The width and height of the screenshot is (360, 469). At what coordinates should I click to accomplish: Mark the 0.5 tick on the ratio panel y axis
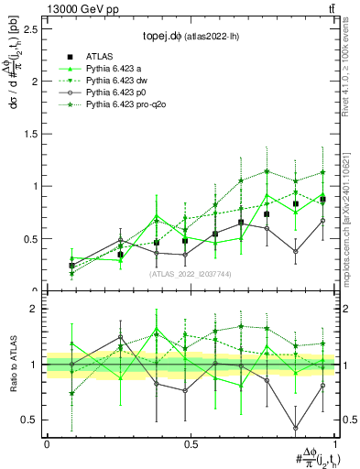(32, 420)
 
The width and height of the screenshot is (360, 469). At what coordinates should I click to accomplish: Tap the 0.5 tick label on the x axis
(190, 443)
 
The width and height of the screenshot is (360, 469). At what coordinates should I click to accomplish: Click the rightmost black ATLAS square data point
(322, 199)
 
